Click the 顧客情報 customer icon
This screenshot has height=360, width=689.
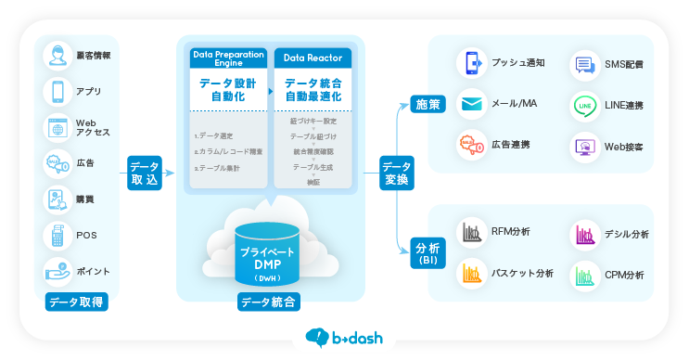coord(57,56)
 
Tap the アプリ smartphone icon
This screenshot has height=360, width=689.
coord(57,91)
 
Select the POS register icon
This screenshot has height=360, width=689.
coord(57,236)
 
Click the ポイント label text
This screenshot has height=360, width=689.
coord(93,272)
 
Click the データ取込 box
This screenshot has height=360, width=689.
coord(146,173)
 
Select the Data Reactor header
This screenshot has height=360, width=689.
coord(313,58)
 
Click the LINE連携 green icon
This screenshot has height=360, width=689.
coord(584,105)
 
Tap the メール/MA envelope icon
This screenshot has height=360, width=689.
coord(472,103)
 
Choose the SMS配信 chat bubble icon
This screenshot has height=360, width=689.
coord(584,64)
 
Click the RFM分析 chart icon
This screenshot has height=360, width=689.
coord(472,232)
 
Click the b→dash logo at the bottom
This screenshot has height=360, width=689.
coord(344,338)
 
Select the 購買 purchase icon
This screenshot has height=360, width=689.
coord(57,199)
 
